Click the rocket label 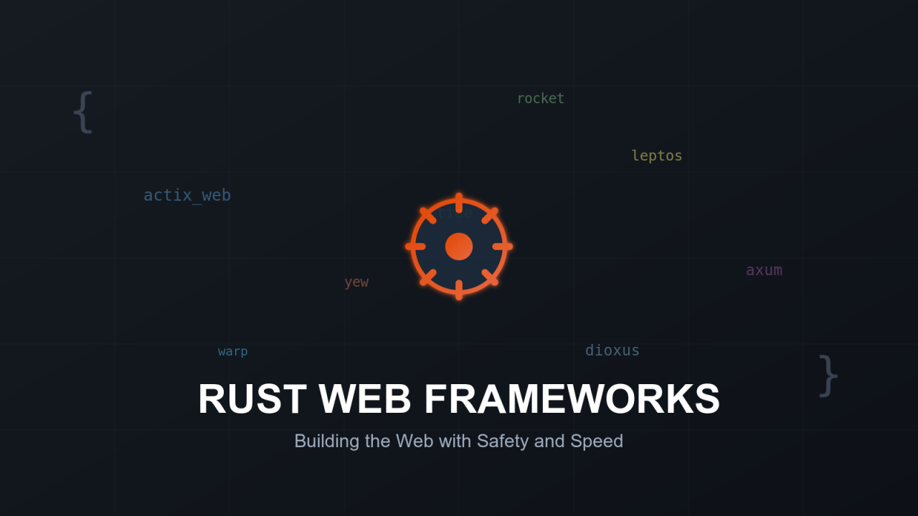coord(540,98)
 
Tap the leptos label coord(656,156)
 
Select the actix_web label coord(186,195)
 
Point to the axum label coord(764,270)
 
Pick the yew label coord(356,282)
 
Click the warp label coord(232,351)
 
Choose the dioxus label coord(612,350)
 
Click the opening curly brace coord(83,112)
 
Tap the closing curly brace coord(828,375)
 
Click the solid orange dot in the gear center coord(459,247)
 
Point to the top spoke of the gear coord(459,202)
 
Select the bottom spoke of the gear coord(459,290)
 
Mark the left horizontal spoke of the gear coord(415,247)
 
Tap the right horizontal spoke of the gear coord(503,247)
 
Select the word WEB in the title coord(365,399)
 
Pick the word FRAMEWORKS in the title coord(572,399)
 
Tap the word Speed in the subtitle coord(597,441)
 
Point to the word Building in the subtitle coord(326,441)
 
